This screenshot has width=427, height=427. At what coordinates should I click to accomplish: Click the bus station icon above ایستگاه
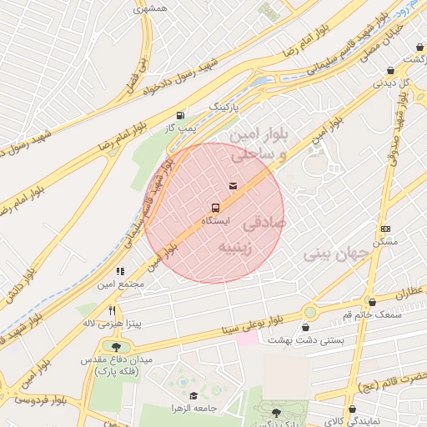click(x=215, y=207)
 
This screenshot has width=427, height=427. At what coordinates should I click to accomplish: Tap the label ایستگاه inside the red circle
click(x=216, y=220)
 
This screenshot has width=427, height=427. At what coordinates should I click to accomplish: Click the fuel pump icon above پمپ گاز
click(x=180, y=115)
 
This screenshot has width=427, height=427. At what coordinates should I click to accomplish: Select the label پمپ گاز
click(x=179, y=128)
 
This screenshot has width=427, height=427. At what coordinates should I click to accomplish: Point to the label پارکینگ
click(x=223, y=108)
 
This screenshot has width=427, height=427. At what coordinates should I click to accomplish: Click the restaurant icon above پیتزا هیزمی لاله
click(x=111, y=309)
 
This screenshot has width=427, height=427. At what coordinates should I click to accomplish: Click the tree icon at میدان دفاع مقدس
click(x=115, y=346)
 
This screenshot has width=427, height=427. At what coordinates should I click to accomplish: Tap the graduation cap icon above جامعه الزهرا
click(x=193, y=395)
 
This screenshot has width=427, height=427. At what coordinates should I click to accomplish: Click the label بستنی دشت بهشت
click(x=294, y=340)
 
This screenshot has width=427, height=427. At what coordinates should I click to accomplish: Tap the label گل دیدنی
click(x=389, y=83)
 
